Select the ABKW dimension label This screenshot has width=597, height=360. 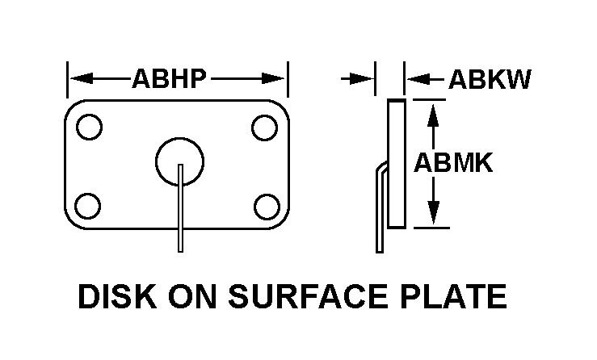(490, 79)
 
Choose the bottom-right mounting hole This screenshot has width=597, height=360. (264, 205)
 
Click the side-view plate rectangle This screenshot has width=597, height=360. (396, 163)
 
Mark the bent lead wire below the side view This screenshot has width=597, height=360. (378, 218)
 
